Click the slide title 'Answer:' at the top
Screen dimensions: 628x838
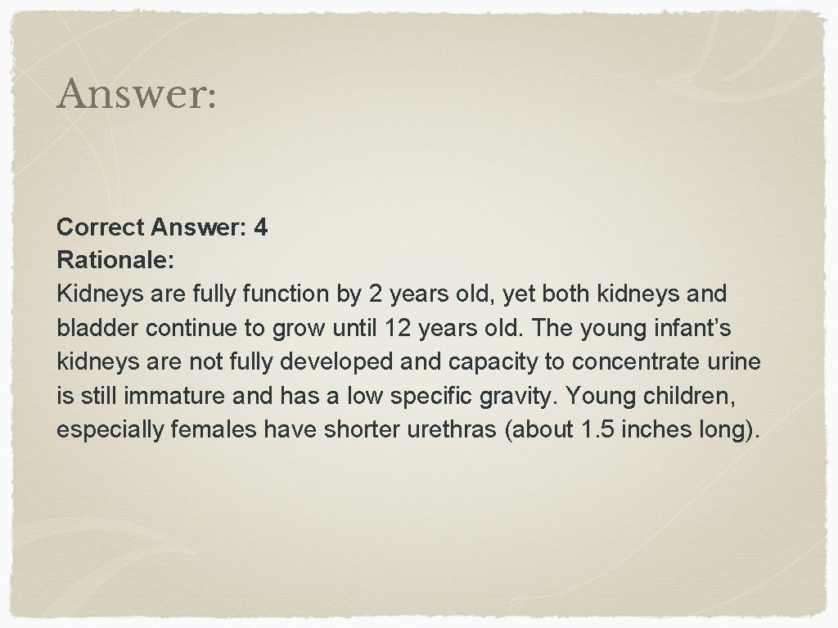(137, 96)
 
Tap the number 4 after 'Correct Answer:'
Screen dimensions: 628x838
(260, 227)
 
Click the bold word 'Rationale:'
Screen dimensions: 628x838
(115, 259)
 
